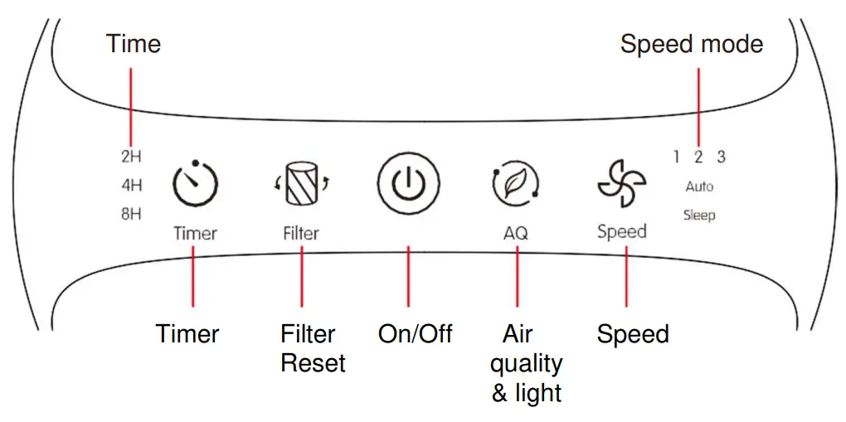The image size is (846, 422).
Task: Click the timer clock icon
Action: tap(195, 183)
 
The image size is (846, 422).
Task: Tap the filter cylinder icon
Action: tap(301, 184)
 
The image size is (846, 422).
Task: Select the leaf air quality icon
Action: tap(516, 184)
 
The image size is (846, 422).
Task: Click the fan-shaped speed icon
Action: tap(621, 183)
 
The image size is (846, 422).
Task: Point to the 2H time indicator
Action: tap(131, 157)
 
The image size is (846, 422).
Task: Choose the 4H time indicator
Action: tap(131, 186)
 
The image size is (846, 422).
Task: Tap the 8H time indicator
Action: tap(131, 214)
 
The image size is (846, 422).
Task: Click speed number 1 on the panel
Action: tap(677, 157)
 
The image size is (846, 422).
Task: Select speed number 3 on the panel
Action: tap(721, 157)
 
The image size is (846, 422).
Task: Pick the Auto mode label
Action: tap(699, 187)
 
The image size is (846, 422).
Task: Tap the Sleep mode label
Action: tap(699, 216)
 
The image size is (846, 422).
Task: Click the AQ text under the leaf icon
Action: tap(516, 234)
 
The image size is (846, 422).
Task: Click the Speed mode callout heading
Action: tap(691, 44)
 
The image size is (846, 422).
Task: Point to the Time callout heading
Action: tap(134, 44)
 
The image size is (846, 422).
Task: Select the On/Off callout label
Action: tap(415, 334)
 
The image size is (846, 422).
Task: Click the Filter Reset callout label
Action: tap(312, 348)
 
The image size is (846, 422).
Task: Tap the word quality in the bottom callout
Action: tap(526, 363)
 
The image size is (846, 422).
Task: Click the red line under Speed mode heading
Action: tap(698, 104)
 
